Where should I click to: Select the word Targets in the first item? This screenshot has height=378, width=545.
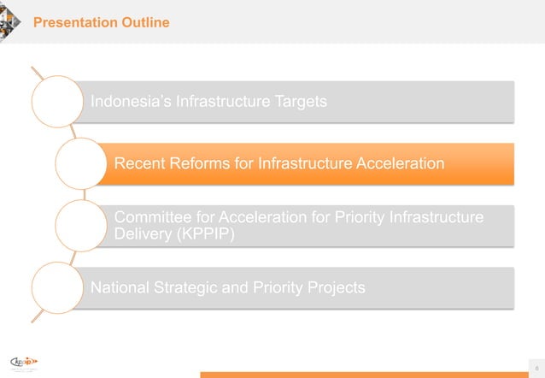(x=296, y=102)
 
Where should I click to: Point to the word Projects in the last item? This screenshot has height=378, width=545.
(x=335, y=287)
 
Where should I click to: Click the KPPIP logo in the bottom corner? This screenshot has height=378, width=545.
(x=26, y=362)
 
